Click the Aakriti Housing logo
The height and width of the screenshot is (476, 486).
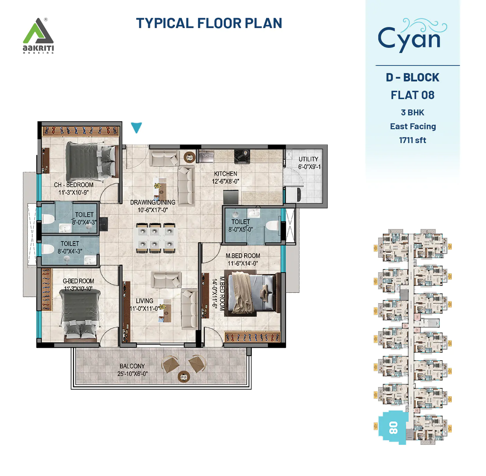click(38, 36)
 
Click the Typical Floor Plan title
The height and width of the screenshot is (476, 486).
click(209, 24)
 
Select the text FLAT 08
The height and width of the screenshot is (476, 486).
click(412, 95)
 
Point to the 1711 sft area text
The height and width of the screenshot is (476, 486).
click(412, 140)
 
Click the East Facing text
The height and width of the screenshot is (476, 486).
click(413, 126)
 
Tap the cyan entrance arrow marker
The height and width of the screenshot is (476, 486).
click(136, 127)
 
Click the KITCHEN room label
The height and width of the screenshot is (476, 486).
click(226, 174)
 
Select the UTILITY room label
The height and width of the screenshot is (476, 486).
click(308, 159)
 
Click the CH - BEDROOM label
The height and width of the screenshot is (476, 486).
click(73, 185)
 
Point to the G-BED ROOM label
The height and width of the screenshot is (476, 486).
click(78, 281)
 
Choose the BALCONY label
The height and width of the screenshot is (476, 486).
click(132, 366)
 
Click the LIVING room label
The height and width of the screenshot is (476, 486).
click(144, 301)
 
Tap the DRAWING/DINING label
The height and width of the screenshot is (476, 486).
click(152, 202)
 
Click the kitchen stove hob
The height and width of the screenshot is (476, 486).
click(242, 156)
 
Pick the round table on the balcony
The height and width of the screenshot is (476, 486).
click(184, 376)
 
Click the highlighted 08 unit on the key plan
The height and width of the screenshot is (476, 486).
click(393, 427)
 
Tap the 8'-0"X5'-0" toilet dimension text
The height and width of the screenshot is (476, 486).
click(240, 229)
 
